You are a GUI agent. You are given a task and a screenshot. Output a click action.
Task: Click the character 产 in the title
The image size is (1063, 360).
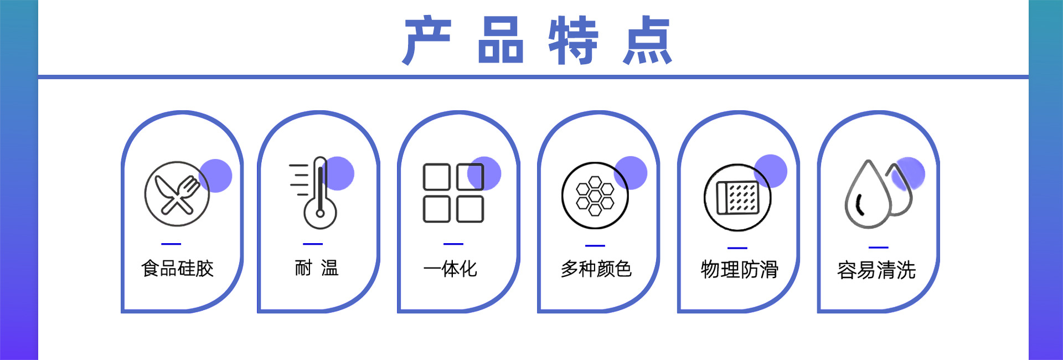pos(427,40)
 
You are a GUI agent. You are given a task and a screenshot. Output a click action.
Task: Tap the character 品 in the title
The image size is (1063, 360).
pos(500,40)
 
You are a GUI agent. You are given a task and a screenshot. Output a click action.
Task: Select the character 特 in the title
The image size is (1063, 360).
pos(574,40)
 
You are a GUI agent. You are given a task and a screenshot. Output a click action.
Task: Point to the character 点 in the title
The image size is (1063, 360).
pos(647,40)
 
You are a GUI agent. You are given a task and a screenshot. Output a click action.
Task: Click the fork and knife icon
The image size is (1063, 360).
pos(177,194)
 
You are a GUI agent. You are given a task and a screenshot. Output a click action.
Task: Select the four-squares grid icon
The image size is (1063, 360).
pos(453,193)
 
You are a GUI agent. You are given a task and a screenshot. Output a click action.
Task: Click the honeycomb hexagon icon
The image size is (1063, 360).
pos(595,196)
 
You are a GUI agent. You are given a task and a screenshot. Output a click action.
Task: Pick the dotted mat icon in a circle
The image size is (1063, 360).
pos(737,197)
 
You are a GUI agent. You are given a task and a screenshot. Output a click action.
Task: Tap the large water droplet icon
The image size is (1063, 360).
pos(867,195)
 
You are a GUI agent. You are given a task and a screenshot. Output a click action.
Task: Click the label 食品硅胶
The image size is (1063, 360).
pos(177,269)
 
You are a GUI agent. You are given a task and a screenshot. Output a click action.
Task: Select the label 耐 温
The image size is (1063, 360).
pos(317,269)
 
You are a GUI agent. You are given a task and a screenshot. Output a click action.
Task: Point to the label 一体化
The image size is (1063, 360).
pos(450,269)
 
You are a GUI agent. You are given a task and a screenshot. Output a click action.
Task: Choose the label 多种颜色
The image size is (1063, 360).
pos(596,269)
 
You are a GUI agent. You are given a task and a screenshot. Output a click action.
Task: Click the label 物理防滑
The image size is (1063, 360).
pos(740,270)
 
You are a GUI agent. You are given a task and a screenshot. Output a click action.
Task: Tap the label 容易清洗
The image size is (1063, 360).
pos(876,270)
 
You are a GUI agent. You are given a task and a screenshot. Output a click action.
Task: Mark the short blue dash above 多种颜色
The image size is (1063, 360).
pos(595,245)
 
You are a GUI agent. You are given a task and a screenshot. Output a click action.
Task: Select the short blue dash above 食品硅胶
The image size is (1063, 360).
pos(171,244)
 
